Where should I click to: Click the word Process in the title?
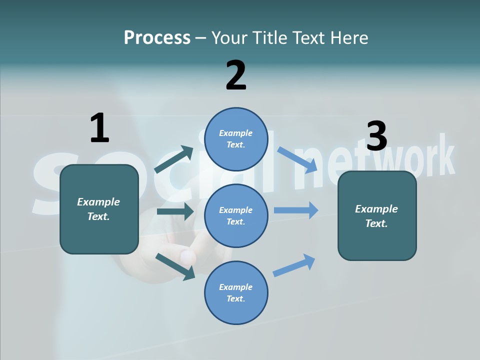pyautogui.click(x=157, y=37)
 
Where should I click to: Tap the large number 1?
pyautogui.click(x=99, y=128)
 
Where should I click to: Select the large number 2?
pyautogui.click(x=236, y=75)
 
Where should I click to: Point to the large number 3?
pyautogui.click(x=376, y=136)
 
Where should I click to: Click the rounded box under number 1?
pyautogui.click(x=99, y=209)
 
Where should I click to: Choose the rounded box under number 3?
pyautogui.click(x=377, y=216)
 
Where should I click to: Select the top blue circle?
pyautogui.click(x=236, y=139)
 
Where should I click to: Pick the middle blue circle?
pyautogui.click(x=236, y=216)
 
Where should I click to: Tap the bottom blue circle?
pyautogui.click(x=236, y=293)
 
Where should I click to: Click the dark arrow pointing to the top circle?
pyautogui.click(x=174, y=159)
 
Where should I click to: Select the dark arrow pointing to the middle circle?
pyautogui.click(x=175, y=211)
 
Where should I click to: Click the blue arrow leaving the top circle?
pyautogui.click(x=297, y=159)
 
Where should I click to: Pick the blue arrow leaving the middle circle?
pyautogui.click(x=296, y=210)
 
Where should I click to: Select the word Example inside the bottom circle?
pyautogui.click(x=236, y=287)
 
